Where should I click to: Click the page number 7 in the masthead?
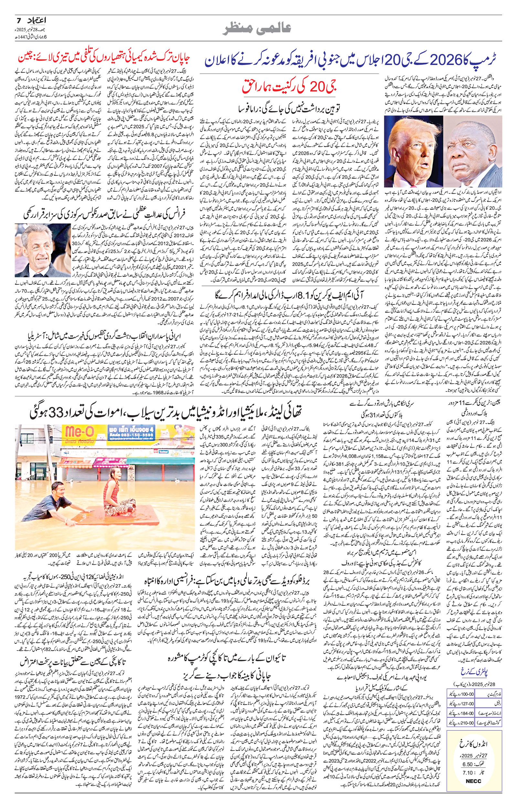19,20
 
